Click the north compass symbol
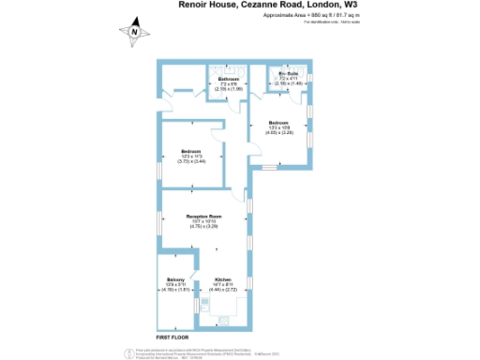coord(136,32)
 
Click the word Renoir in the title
coord(192,5)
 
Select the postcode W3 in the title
coord(351,5)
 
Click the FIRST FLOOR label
coord(172,334)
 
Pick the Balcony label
coord(175,280)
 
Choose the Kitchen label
coord(222,280)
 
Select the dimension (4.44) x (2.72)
coord(223,292)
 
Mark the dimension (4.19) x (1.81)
coord(175,291)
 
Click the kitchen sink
coord(198,304)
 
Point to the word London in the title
coord(314,5)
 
